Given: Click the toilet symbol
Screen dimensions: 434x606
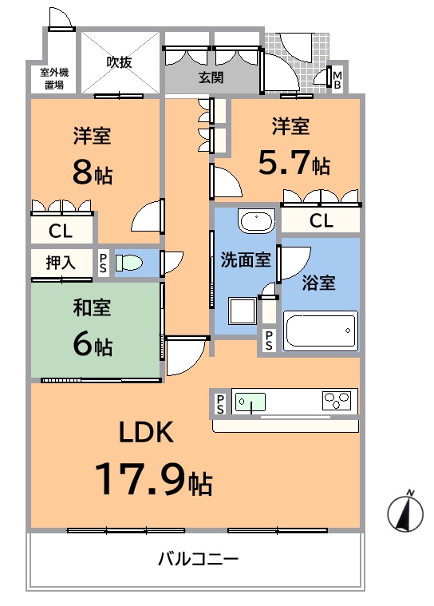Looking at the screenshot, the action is coord(129,263).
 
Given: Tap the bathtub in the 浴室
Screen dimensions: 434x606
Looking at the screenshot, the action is coord(321,331).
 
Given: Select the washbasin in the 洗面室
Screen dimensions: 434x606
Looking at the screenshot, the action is coord(256,221).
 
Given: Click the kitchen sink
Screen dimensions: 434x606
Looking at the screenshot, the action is coord(251,402).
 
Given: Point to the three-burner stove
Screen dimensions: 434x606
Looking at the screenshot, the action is coord(337,401).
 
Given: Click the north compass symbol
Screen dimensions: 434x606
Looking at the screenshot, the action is coord(405,511).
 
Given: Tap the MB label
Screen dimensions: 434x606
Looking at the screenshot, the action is coord(337,80).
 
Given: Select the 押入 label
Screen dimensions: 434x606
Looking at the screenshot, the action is coord(61,263).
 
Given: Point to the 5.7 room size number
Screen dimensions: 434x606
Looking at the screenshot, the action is coord(284,162).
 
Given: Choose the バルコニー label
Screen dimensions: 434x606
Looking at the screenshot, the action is coord(199,559).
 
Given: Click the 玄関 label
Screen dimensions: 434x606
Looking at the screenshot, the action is coord(211,77).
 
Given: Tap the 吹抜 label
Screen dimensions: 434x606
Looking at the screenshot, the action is coord(120,61).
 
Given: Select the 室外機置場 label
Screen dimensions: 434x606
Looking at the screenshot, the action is coord(54,78).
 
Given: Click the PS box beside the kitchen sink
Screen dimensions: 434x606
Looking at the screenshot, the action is coord(220,404).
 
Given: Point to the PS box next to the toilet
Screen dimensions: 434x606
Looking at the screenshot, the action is coord(103,263).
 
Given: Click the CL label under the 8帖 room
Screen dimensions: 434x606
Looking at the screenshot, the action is coord(61,232).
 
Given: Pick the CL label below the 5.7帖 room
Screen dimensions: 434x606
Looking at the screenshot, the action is coord(322,221).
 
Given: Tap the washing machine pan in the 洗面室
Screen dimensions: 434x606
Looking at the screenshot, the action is coord(242,311).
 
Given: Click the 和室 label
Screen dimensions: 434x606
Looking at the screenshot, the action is coord(92,307).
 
